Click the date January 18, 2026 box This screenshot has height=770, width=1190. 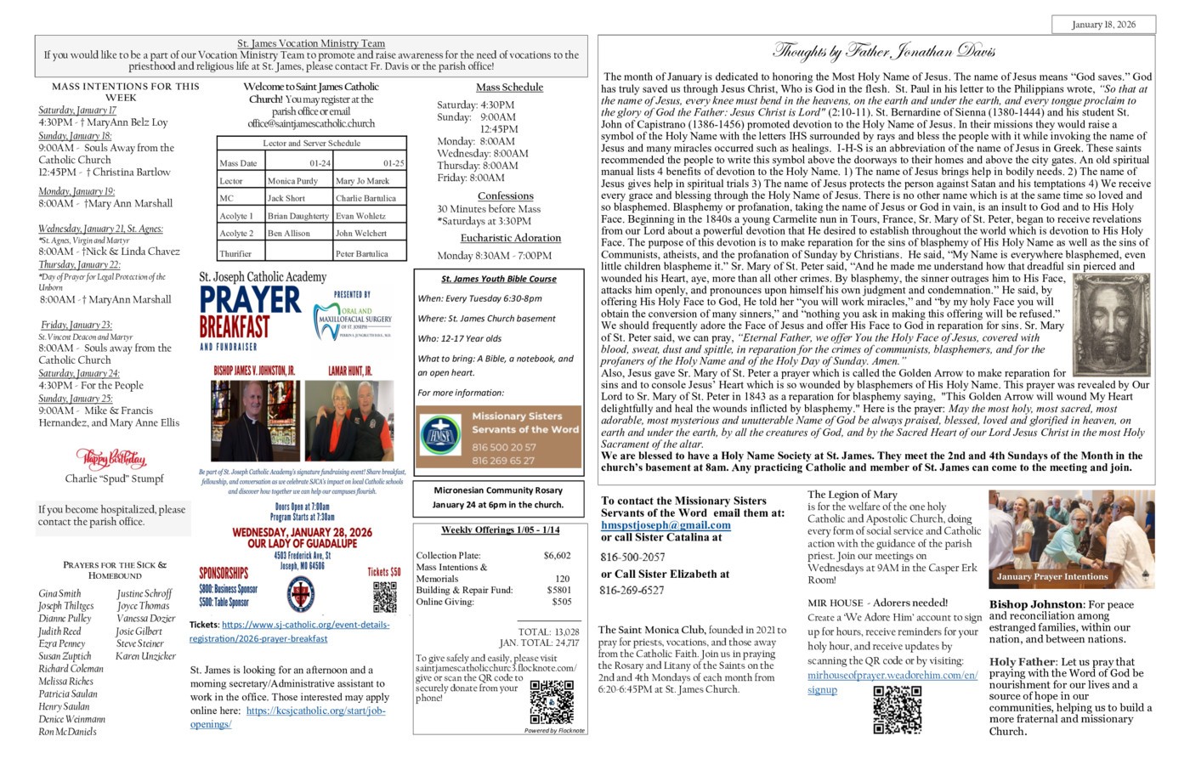[x=1102, y=25]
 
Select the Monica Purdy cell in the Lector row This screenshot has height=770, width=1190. [x=292, y=181]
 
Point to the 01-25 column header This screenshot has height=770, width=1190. [x=393, y=163]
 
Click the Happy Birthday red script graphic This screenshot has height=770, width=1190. [x=110, y=459]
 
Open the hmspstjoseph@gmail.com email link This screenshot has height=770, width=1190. [x=666, y=525]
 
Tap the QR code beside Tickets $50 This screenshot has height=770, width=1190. [x=384, y=597]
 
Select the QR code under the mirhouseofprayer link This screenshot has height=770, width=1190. [x=897, y=710]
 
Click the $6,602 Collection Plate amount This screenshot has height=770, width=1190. [x=557, y=555]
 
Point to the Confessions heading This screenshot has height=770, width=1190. [x=505, y=195]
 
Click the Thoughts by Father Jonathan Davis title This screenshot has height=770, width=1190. [x=883, y=52]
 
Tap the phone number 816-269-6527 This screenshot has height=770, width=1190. [x=632, y=590]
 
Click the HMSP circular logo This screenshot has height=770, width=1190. [x=440, y=436]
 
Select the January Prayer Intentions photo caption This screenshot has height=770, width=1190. [x=1052, y=576]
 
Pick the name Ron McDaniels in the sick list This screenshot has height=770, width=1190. [x=67, y=731]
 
